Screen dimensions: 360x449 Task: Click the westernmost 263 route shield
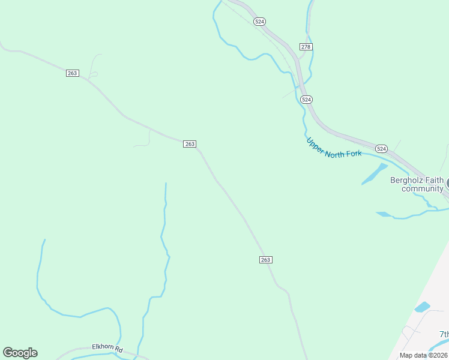click(x=72, y=73)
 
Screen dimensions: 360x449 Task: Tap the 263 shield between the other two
click(x=190, y=144)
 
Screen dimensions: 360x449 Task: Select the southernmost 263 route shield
click(x=266, y=260)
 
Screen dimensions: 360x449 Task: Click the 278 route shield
click(x=306, y=47)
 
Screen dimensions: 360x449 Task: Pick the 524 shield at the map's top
click(x=259, y=22)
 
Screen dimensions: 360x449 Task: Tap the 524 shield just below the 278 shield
click(x=306, y=99)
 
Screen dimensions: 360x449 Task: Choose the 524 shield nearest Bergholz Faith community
click(x=381, y=148)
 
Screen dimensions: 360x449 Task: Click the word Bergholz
click(x=408, y=180)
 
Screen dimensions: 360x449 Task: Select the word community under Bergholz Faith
click(x=422, y=189)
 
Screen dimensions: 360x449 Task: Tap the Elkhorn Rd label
click(x=107, y=347)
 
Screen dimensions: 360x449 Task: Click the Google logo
click(x=20, y=353)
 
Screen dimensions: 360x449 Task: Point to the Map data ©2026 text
click(x=423, y=355)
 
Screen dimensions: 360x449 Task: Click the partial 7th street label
click(x=444, y=334)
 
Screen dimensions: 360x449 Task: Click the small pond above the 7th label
click(x=422, y=307)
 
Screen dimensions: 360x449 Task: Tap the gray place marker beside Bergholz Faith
click(x=447, y=183)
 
